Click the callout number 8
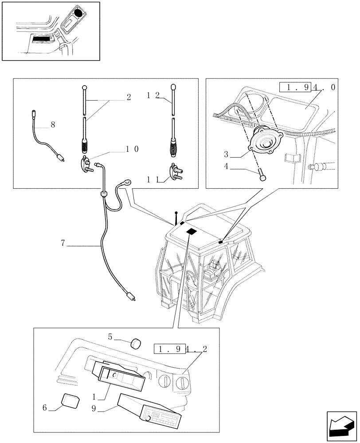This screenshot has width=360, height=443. pyautogui.click(x=53, y=125)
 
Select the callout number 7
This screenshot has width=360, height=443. pyautogui.click(x=63, y=242)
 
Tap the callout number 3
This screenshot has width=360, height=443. pyautogui.click(x=227, y=155)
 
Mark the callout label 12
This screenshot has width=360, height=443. pyautogui.click(x=153, y=95)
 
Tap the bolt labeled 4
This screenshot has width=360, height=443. pyautogui.click(x=262, y=177)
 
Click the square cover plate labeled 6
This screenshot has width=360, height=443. pyautogui.click(x=70, y=400)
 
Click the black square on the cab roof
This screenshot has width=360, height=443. pyautogui.click(x=191, y=232)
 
